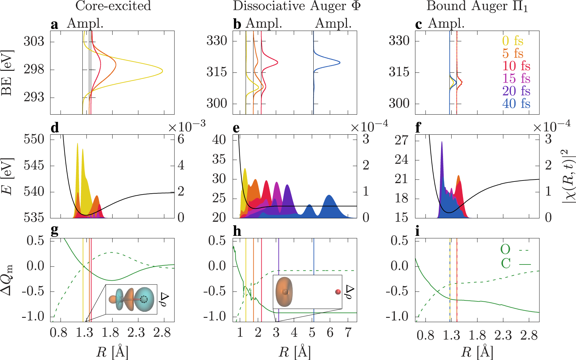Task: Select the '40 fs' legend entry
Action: click(516, 103)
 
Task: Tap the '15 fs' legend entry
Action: click(516, 78)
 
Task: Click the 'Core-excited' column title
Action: click(113, 6)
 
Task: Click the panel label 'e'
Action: click(236, 128)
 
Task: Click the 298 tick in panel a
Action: click(34, 69)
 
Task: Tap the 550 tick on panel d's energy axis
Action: click(34, 139)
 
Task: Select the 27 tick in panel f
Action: click(401, 140)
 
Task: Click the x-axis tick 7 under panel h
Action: click(348, 333)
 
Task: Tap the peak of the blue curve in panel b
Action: click(340, 63)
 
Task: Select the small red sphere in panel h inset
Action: click(338, 292)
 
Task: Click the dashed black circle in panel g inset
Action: click(144, 299)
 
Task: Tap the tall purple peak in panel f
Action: click(442, 142)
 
